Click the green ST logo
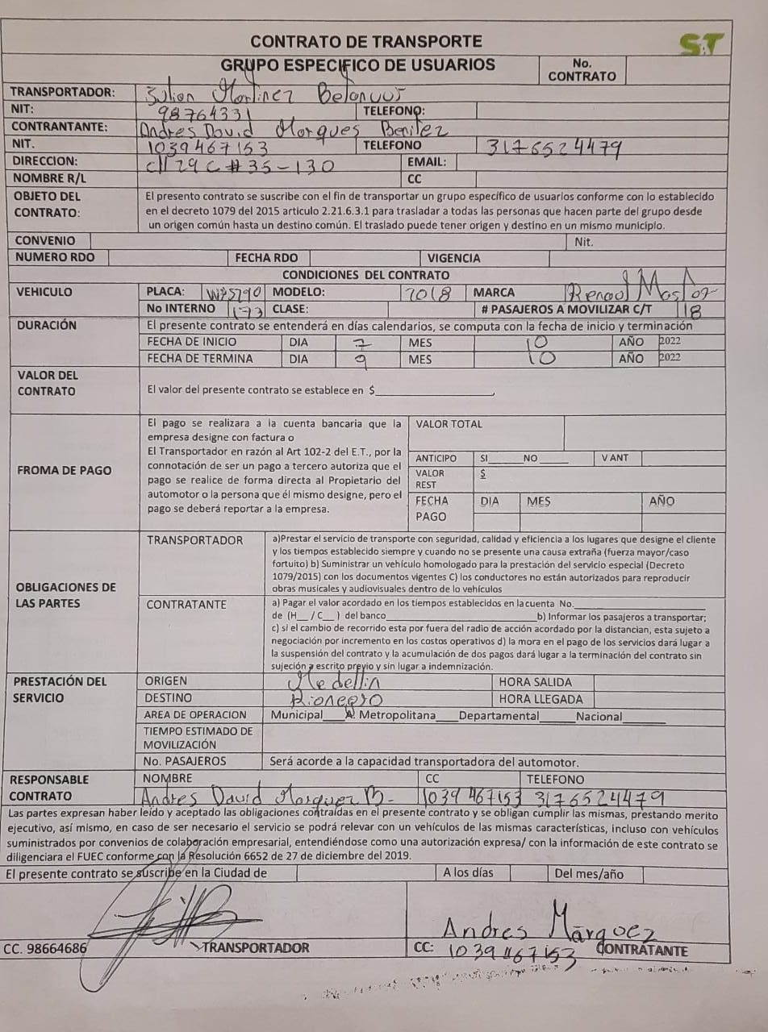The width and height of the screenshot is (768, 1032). [x=701, y=44]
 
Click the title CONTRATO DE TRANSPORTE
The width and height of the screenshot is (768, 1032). [x=366, y=41]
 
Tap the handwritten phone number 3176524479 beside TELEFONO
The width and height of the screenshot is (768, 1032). [x=553, y=146]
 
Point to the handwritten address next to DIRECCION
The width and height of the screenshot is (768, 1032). [x=240, y=164]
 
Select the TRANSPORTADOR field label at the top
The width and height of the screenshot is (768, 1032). [x=63, y=92]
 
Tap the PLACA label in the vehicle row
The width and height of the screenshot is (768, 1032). [x=165, y=292]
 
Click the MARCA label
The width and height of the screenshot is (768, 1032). [x=494, y=293]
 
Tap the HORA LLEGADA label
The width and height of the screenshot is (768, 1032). [x=541, y=699]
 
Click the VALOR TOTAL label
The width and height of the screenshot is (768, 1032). [x=449, y=424]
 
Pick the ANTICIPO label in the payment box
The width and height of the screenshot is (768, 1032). [x=436, y=458]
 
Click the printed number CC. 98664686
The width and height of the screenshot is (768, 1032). [x=45, y=948]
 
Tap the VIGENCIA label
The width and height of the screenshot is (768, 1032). [x=454, y=258]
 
